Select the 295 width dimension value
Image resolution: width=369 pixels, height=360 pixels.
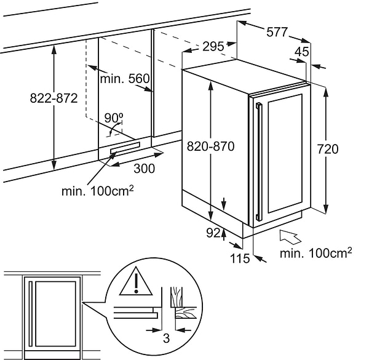(x=212, y=47)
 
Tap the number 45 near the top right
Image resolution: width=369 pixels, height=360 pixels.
(x=301, y=52)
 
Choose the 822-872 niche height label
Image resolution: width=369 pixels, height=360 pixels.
(x=54, y=98)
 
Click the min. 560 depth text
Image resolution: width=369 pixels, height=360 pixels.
(x=125, y=79)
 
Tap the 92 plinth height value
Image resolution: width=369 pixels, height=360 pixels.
(x=213, y=233)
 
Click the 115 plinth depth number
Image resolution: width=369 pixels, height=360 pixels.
(x=240, y=258)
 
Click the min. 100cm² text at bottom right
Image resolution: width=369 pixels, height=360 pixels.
(x=315, y=253)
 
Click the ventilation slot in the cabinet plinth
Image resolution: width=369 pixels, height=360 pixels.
(x=125, y=150)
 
